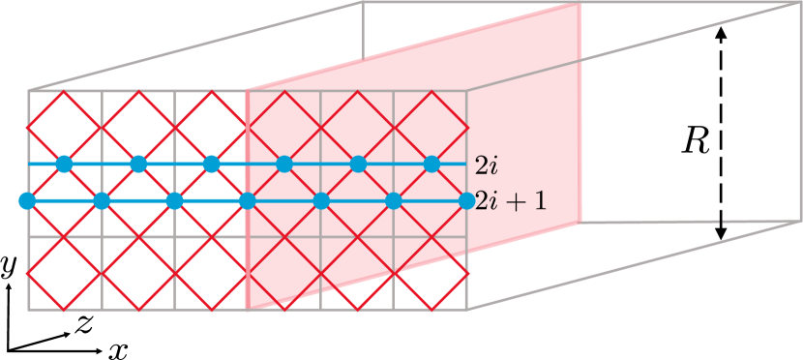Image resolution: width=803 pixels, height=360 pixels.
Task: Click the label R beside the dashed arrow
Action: tap(694, 141)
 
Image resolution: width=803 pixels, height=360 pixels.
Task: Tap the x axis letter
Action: tap(118, 348)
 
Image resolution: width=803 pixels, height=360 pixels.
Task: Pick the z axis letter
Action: tap(85, 324)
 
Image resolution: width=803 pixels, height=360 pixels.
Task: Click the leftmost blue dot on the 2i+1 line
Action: tap(27, 201)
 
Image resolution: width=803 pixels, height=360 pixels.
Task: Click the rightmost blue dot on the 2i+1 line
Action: tap(467, 201)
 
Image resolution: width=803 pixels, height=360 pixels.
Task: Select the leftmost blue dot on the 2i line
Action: tap(64, 164)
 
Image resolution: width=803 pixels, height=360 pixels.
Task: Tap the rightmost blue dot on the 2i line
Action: tap(431, 164)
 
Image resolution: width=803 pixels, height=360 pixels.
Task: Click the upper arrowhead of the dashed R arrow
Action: tap(721, 32)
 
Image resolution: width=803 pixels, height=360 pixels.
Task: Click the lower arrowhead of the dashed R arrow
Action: tap(721, 235)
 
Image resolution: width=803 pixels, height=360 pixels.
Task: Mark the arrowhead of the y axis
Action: tap(8, 289)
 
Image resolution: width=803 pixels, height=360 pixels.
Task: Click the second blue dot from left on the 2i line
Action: tap(137, 164)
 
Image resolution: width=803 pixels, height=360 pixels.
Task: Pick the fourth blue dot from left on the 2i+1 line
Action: tap(248, 201)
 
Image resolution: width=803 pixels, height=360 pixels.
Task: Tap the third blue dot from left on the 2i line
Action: tap(211, 164)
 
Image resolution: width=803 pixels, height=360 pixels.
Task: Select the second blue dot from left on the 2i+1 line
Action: tap(101, 201)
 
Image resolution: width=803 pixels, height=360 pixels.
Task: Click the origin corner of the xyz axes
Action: tap(8, 348)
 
